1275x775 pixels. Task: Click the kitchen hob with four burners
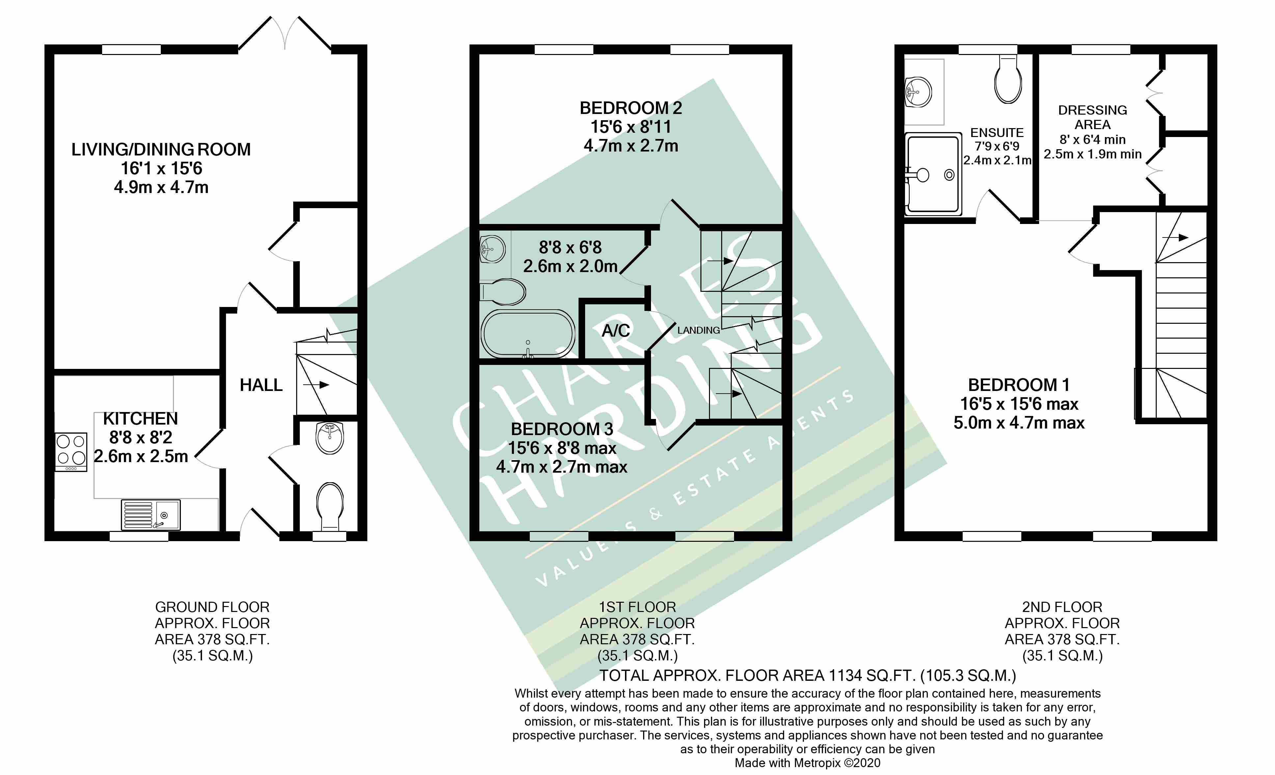click(71, 452)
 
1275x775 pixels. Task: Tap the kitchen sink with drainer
click(151, 515)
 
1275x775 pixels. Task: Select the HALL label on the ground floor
click(261, 385)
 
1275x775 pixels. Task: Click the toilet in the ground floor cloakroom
click(329, 507)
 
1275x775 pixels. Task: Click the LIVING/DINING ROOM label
click(161, 150)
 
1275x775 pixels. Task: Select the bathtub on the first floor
click(528, 334)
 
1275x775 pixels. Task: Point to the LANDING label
click(698, 330)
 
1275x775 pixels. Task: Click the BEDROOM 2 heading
click(631, 108)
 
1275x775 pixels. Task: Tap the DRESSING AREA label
click(1092, 118)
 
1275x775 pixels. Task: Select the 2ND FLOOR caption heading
click(1062, 607)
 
